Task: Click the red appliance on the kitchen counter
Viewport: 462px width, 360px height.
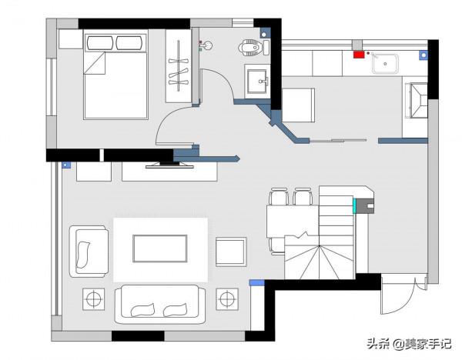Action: [x=358, y=55]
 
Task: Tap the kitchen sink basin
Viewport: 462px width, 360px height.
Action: [x=385, y=64]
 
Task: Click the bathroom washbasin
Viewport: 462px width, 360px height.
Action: [x=257, y=82]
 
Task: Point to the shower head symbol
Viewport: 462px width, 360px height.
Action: [x=208, y=45]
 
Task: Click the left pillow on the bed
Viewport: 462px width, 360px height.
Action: [x=100, y=43]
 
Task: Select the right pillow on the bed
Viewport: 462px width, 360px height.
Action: [x=129, y=43]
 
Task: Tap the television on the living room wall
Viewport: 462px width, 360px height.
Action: [x=169, y=165]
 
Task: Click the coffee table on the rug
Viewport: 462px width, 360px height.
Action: [x=159, y=248]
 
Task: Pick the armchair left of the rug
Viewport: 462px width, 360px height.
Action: [x=89, y=252]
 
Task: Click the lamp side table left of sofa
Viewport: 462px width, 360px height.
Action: [x=93, y=299]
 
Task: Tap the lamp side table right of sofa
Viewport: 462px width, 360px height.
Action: [x=227, y=299]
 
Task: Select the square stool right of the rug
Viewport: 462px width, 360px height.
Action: [x=231, y=252]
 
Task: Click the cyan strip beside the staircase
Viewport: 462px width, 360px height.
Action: [x=355, y=205]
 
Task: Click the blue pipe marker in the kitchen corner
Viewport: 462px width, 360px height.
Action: [x=423, y=55]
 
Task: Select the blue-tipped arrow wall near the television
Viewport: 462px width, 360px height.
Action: [x=206, y=159]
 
